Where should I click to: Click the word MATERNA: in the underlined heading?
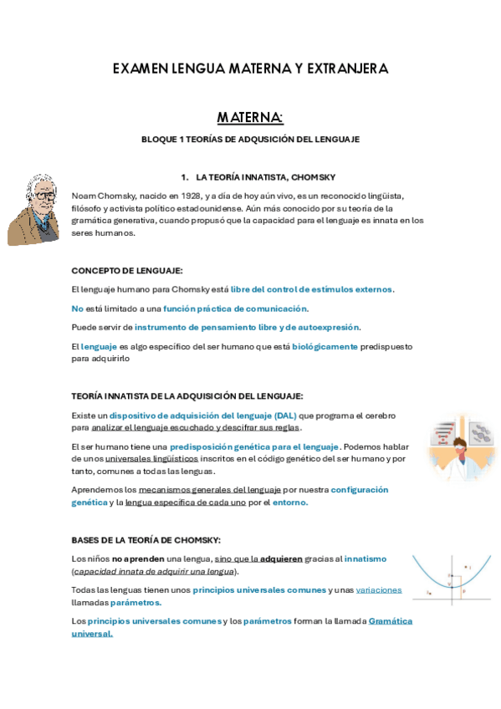tap(250, 117)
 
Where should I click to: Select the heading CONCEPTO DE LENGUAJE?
tap(127, 270)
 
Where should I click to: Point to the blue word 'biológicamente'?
tap(325, 346)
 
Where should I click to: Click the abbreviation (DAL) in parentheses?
tap(284, 415)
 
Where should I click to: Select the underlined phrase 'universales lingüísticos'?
tap(151, 458)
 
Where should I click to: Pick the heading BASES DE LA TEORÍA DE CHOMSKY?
tap(146, 540)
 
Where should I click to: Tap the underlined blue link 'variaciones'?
tap(378, 589)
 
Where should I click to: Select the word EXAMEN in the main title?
tap(140, 69)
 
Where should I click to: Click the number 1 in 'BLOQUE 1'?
tap(181, 140)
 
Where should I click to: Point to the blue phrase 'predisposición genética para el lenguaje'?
tap(254, 446)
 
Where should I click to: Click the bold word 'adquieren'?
tap(281, 559)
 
